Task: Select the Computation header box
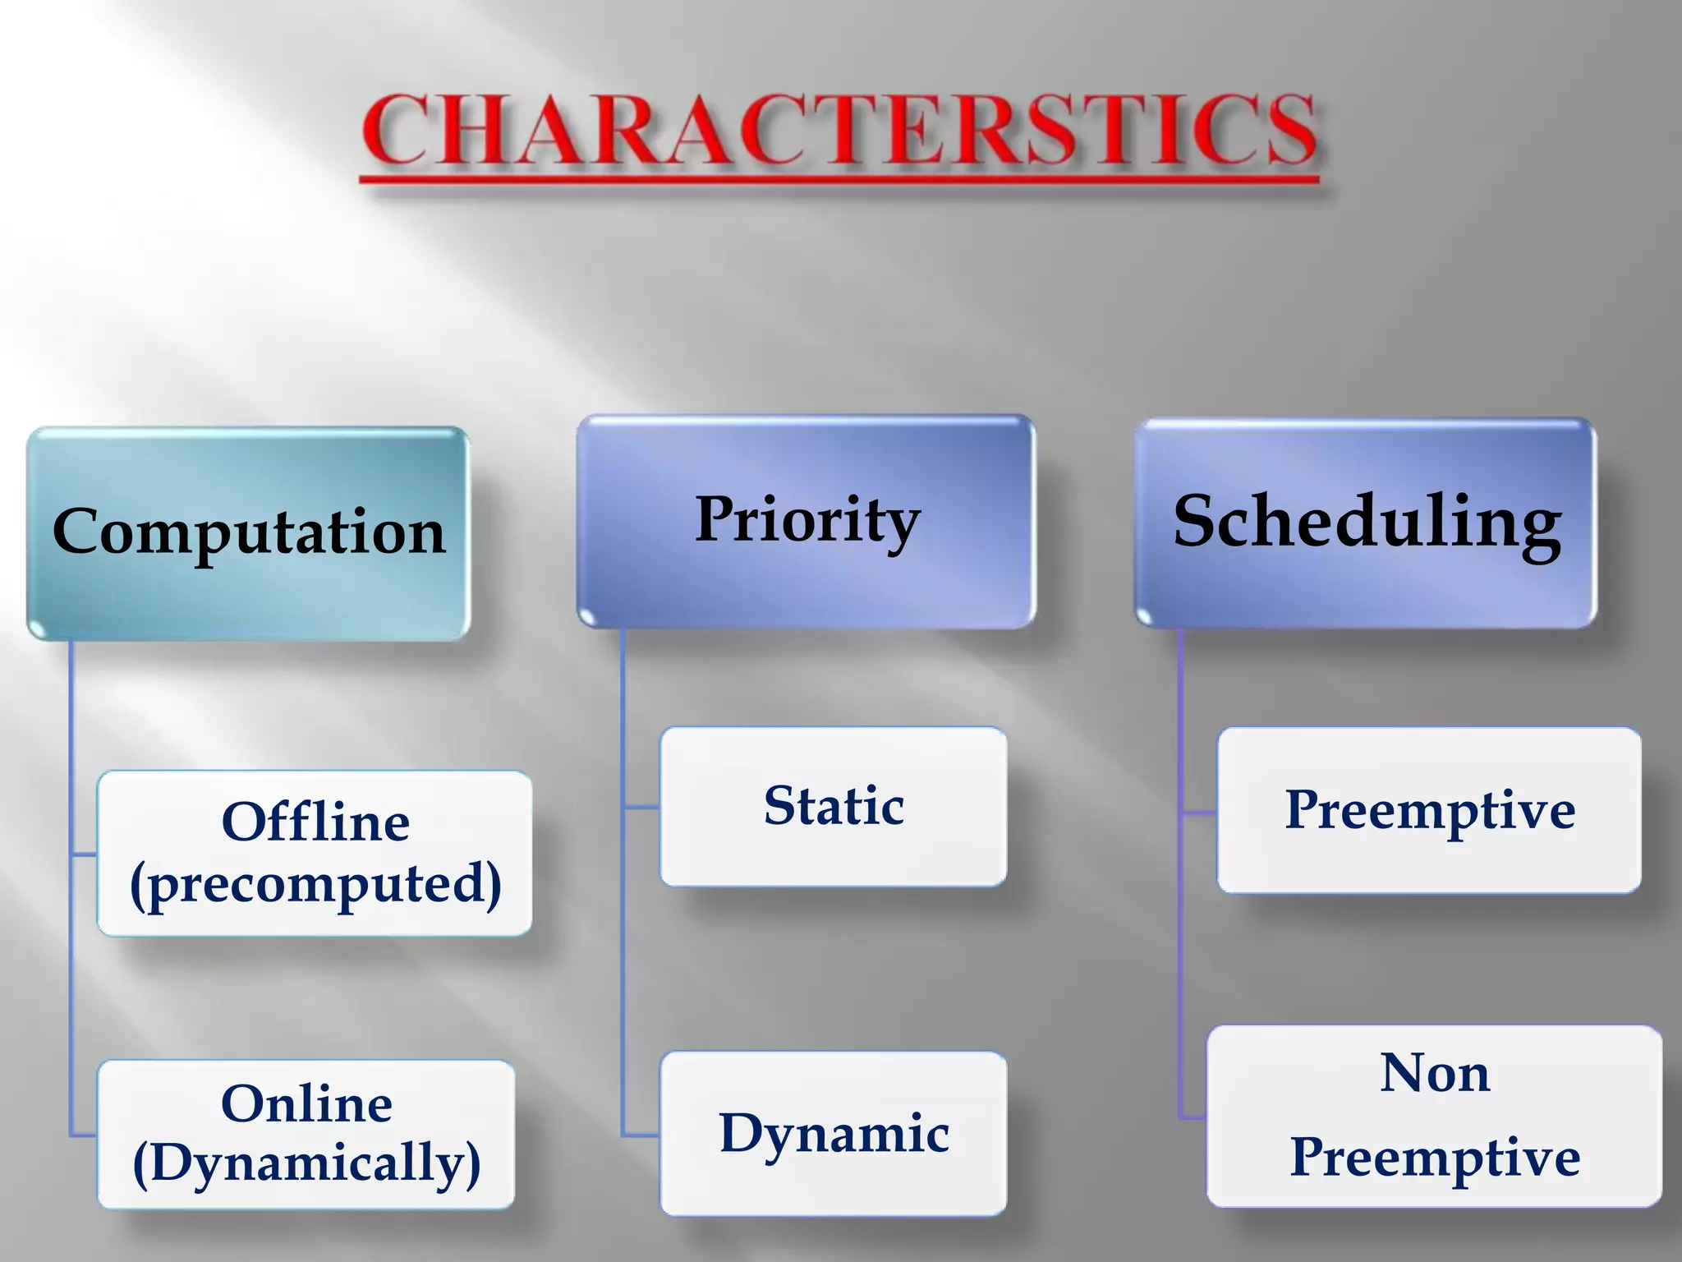(x=248, y=532)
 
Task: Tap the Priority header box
(x=807, y=521)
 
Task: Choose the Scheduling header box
(x=1366, y=523)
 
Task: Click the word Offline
(x=315, y=822)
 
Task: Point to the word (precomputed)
(x=315, y=884)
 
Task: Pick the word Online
(x=306, y=1103)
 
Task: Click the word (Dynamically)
(x=306, y=1163)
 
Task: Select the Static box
(x=834, y=806)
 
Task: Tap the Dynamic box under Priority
(x=834, y=1134)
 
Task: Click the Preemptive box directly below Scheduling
(x=1429, y=810)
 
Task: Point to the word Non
(x=1434, y=1073)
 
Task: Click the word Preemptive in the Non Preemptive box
(x=1434, y=1158)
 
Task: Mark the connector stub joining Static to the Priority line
(x=641, y=808)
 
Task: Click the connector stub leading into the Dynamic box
(x=641, y=1135)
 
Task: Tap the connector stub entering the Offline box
(x=84, y=855)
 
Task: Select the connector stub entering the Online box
(x=84, y=1135)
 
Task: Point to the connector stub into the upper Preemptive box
(x=1199, y=813)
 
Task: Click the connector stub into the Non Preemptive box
(x=1193, y=1117)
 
